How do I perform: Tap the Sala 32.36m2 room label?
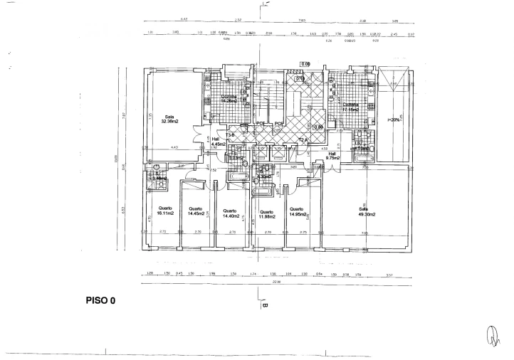(x=169, y=119)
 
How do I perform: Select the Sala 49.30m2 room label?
(x=367, y=211)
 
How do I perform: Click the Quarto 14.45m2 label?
(x=196, y=211)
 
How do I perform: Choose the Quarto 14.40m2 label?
(x=230, y=213)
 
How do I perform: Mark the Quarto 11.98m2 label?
(x=266, y=213)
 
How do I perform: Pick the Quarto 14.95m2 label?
(x=297, y=213)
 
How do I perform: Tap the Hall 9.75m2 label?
(x=331, y=155)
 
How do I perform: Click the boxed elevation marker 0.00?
(x=306, y=64)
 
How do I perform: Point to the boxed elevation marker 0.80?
(x=320, y=127)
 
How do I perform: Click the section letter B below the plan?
(x=263, y=307)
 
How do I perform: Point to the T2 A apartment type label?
(x=304, y=139)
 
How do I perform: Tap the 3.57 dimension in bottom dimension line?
(x=389, y=273)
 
